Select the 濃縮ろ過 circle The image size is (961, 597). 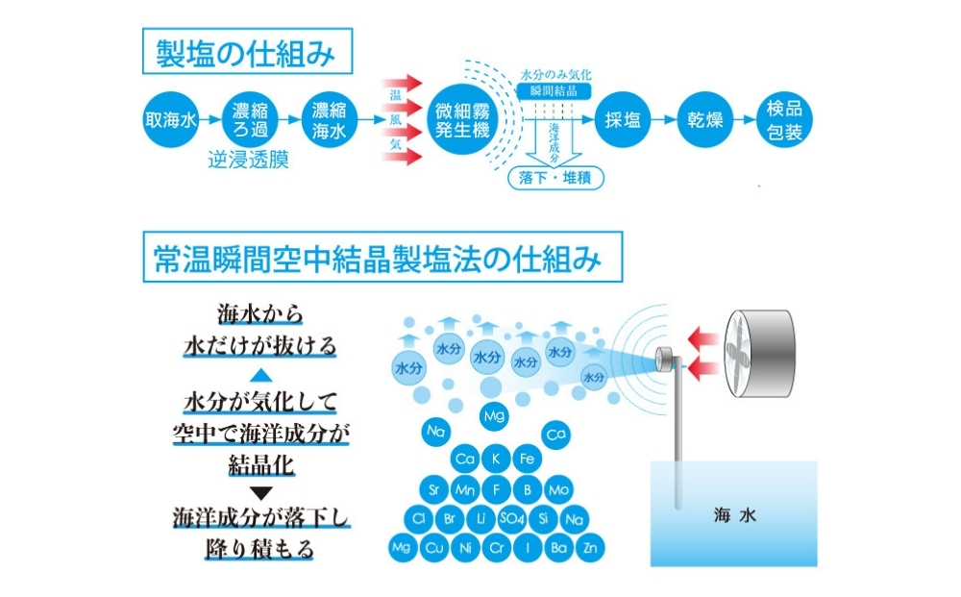pyautogui.click(x=250, y=120)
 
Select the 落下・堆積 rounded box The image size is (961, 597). pyautogui.click(x=552, y=179)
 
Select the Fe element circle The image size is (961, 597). pyautogui.click(x=527, y=459)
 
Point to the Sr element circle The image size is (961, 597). pyautogui.click(x=434, y=490)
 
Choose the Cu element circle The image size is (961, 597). pyautogui.click(x=434, y=549)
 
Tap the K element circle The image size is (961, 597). pyautogui.click(x=496, y=459)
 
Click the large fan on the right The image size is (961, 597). pyautogui.click(x=763, y=351)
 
